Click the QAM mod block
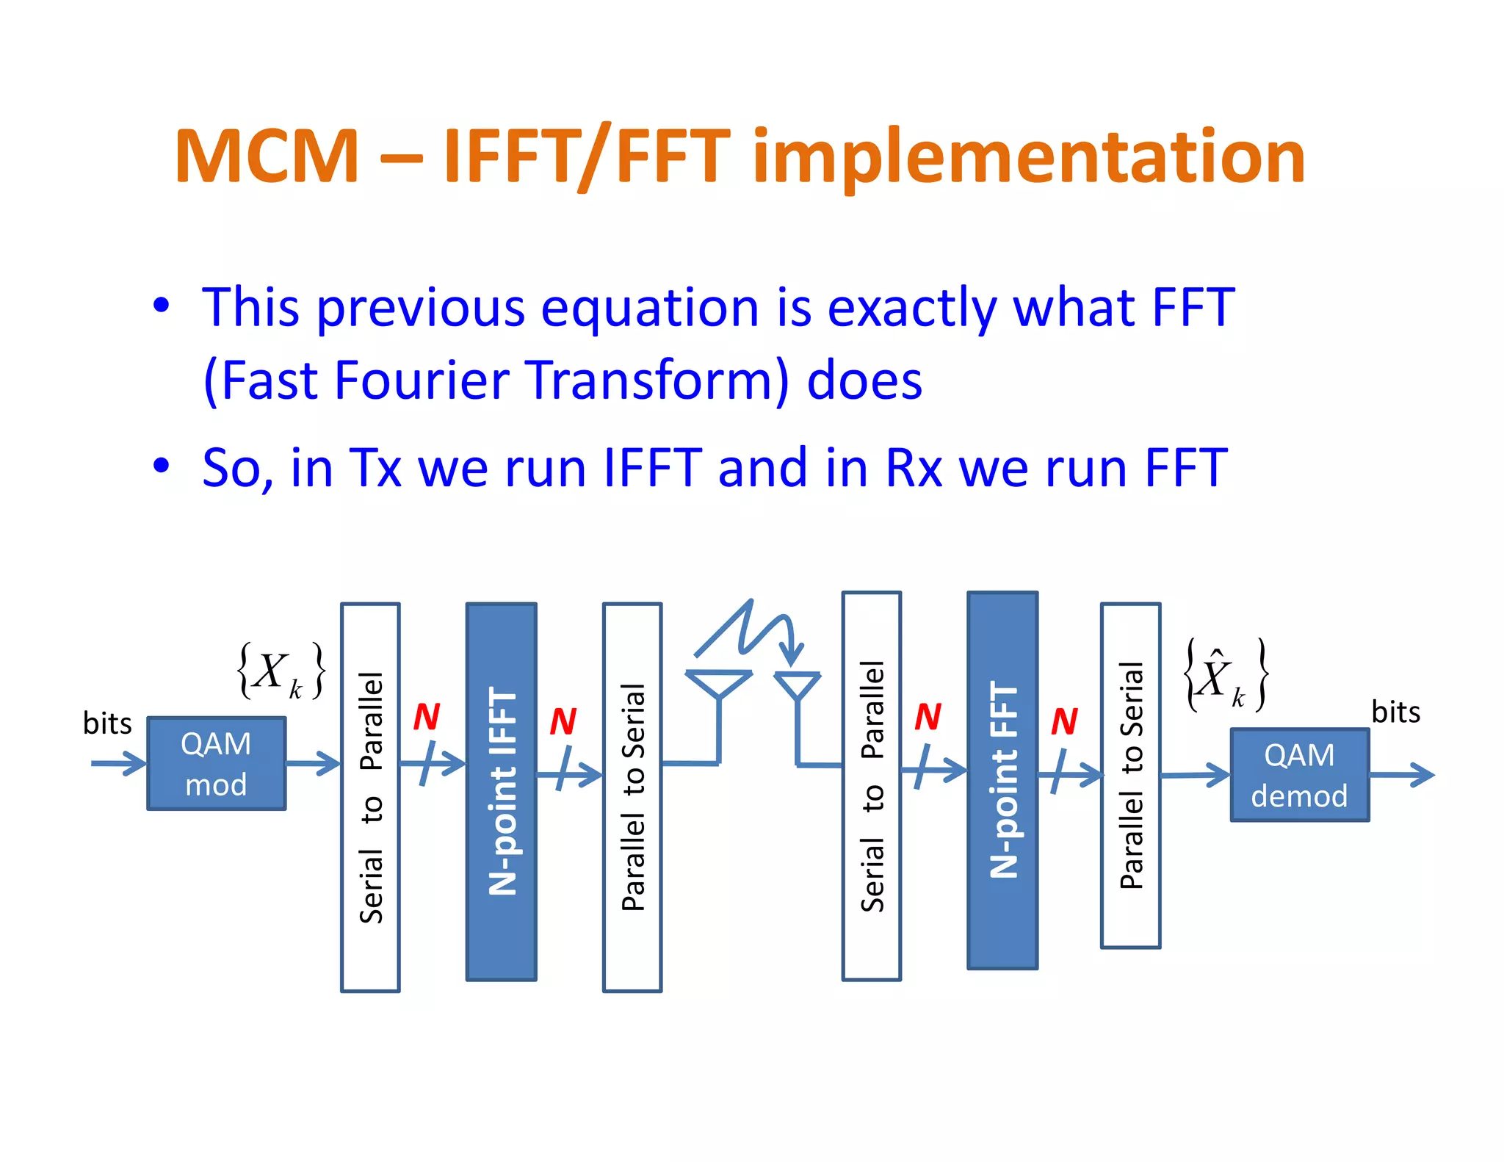(x=216, y=764)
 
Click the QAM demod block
(x=1299, y=775)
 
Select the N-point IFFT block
(x=502, y=792)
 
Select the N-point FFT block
(x=1002, y=780)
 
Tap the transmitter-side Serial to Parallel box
(x=370, y=797)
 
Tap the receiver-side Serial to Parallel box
(x=872, y=786)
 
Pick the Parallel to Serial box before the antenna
(x=632, y=797)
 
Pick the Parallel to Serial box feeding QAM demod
(x=1130, y=775)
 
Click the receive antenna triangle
(x=797, y=685)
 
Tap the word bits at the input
(x=107, y=724)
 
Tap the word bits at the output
(x=1395, y=712)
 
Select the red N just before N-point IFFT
(x=426, y=717)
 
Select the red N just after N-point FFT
(x=1064, y=721)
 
